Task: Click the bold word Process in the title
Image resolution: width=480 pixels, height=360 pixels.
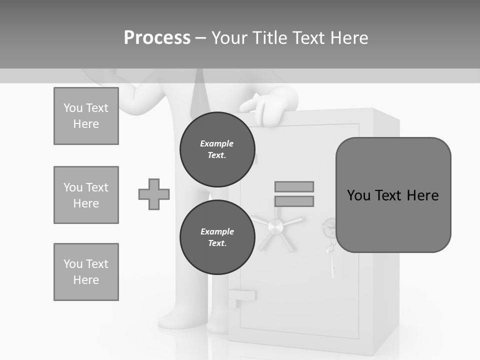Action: pos(157,38)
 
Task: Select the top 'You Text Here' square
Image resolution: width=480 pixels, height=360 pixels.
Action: pos(86,116)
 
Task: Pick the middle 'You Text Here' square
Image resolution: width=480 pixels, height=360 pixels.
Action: pos(86,195)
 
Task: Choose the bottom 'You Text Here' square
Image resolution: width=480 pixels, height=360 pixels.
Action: pos(86,272)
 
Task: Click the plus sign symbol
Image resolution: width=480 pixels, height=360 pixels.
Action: pos(154,194)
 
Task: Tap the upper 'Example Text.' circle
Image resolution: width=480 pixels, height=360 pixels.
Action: pos(217,149)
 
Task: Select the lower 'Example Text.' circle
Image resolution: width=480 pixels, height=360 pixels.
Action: pos(217,237)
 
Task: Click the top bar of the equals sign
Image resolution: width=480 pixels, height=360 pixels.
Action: pos(294,186)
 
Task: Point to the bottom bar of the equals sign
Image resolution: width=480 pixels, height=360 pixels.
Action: pos(294,201)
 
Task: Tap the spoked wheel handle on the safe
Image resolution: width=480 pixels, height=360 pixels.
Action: pos(275,228)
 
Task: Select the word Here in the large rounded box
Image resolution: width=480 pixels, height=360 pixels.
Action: pos(422,195)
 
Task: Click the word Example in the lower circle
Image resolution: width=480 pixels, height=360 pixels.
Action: pos(217,231)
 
